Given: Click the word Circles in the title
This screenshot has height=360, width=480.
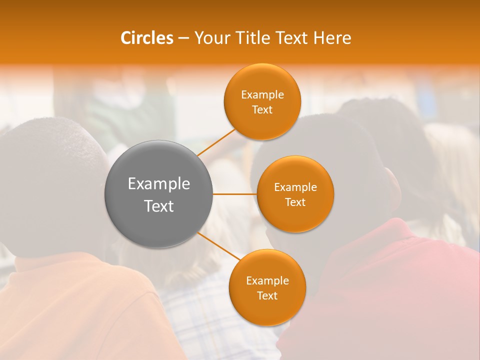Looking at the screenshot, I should point(146,38).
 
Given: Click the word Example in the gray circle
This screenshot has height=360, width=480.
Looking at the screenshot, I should point(159,184).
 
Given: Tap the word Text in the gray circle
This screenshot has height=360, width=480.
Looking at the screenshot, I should point(159,206).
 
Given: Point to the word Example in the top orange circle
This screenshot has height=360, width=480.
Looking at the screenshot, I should point(262,95).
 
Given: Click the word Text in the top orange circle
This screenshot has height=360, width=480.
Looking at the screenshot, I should point(262,110).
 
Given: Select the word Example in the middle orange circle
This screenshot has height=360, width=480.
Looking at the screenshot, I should point(295,187).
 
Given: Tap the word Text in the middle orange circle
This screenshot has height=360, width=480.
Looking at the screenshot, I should point(295,202).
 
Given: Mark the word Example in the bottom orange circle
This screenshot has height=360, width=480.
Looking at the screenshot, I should point(267,281).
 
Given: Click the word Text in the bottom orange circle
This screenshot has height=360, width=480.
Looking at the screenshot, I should point(267,296).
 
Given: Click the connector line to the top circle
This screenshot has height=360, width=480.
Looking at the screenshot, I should point(216,142).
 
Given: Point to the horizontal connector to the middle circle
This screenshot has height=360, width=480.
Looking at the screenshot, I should point(235,194).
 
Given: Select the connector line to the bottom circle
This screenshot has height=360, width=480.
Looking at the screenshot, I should point(218,246).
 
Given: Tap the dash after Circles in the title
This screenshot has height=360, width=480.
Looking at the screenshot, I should point(183,38).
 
